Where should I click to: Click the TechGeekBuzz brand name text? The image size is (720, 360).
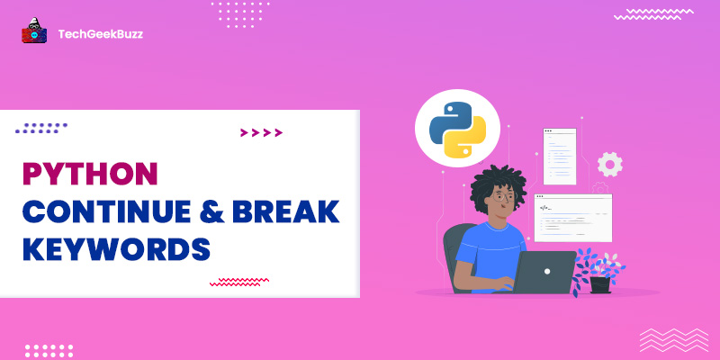point(100,33)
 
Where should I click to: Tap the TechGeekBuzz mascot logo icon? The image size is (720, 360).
point(34,33)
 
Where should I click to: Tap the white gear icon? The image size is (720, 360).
point(610,164)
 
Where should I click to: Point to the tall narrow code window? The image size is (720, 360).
point(559,156)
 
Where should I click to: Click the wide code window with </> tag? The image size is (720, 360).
point(572,217)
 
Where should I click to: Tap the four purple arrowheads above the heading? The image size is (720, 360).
point(261,133)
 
